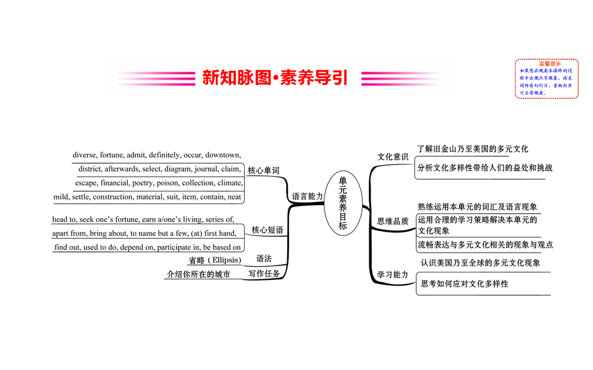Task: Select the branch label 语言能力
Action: [x=307, y=196]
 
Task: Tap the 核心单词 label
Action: [x=264, y=170]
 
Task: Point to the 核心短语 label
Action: [x=267, y=230]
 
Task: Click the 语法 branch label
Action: [x=264, y=259]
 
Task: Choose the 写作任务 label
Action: [x=264, y=274]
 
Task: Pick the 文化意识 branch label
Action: [x=393, y=157]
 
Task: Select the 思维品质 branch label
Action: [x=393, y=221]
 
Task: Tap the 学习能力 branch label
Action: [x=393, y=274]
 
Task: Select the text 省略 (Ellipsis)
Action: [x=215, y=260]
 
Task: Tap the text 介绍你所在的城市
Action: [x=198, y=274]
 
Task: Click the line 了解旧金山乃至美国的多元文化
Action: [x=473, y=149]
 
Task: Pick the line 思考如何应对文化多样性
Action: [x=464, y=284]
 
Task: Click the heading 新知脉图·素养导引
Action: [x=275, y=78]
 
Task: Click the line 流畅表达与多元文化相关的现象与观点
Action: [x=485, y=245]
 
